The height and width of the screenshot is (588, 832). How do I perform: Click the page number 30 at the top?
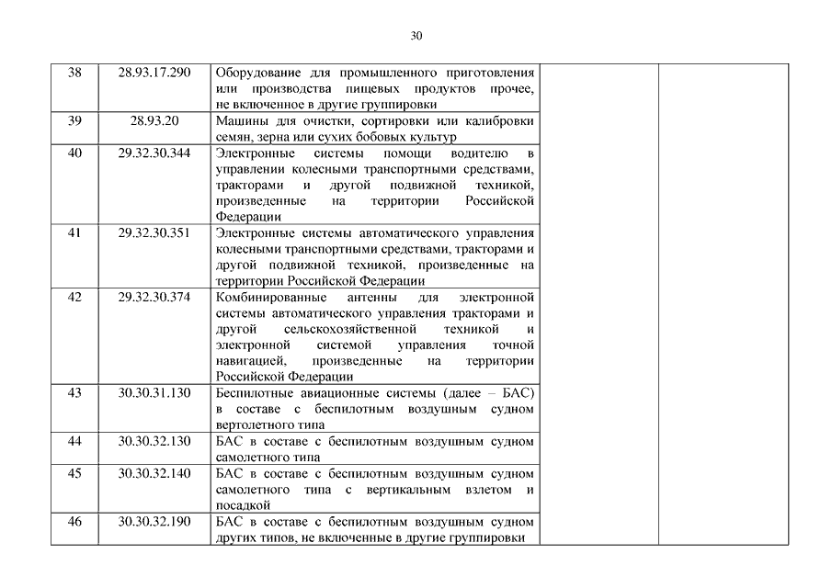416,36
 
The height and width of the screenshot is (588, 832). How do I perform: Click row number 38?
75,73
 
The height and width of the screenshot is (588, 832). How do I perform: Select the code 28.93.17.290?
154,73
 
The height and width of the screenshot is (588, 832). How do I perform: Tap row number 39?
75,121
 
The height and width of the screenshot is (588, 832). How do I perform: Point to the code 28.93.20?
154,121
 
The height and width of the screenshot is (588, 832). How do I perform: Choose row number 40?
75,153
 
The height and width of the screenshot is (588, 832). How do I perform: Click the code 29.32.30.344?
154,153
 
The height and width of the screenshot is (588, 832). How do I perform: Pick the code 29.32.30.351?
154,232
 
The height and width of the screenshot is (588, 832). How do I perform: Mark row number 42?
75,297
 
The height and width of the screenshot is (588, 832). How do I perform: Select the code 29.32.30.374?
154,297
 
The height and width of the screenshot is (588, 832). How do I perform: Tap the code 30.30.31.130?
154,392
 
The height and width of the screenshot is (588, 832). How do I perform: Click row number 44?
75,441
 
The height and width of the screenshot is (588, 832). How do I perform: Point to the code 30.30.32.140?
154,473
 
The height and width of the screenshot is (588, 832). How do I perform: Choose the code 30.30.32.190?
154,521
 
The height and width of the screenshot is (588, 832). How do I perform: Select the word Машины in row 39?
238,121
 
